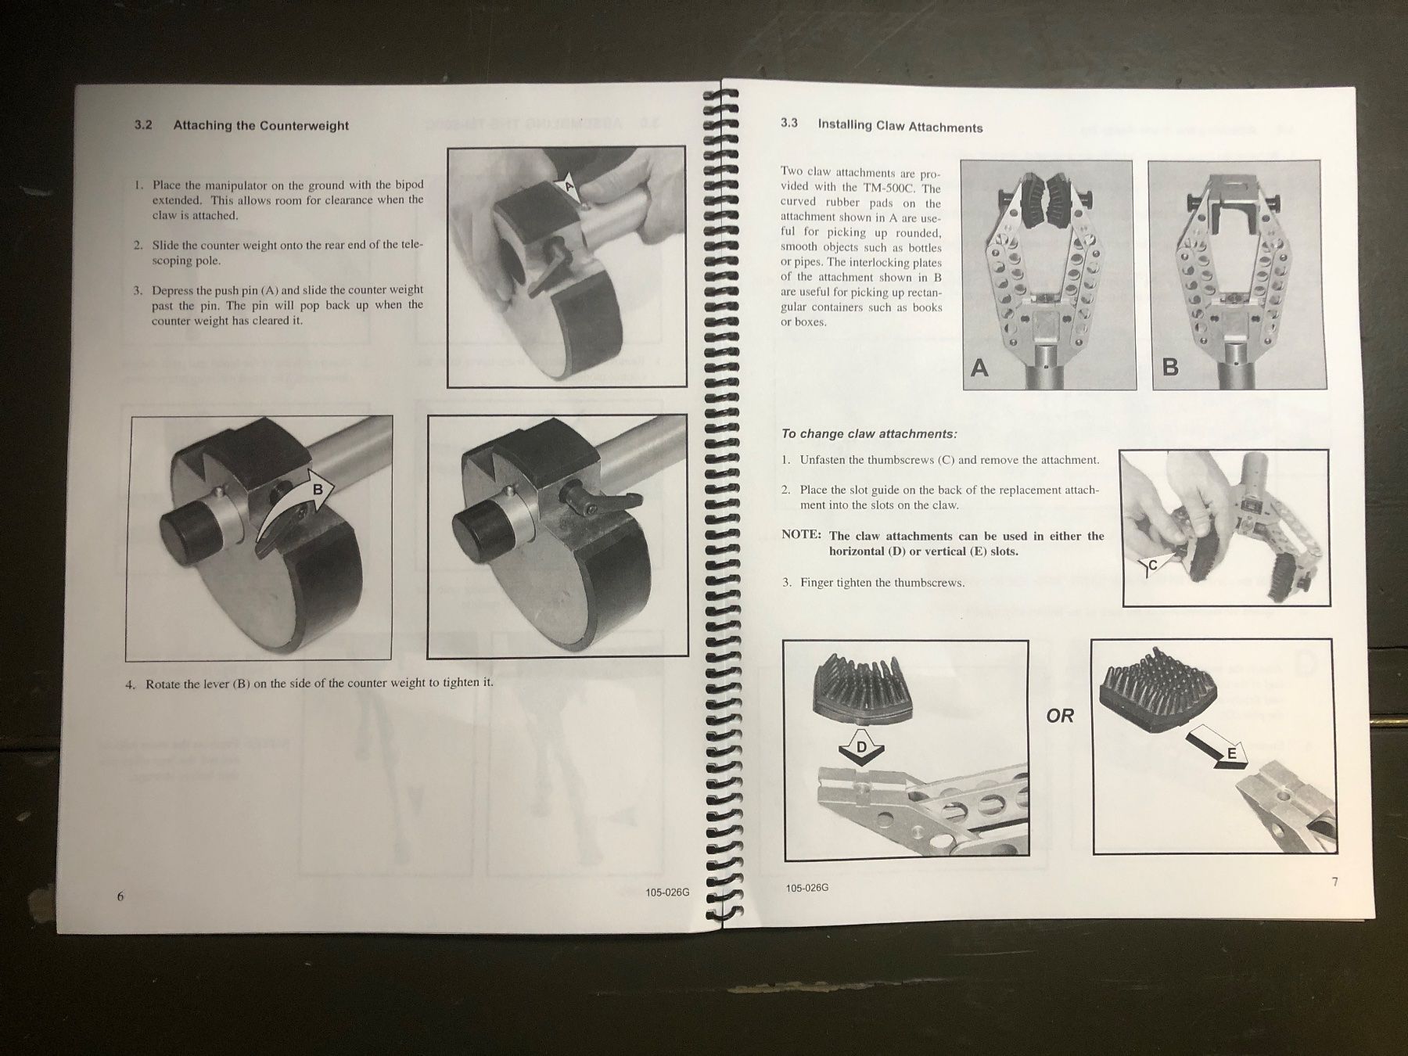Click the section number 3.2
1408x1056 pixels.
pos(143,125)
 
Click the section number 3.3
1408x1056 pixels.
pos(789,124)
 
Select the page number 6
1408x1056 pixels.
pos(120,896)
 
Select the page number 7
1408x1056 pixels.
pos(1334,882)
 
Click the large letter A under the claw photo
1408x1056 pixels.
pos(979,367)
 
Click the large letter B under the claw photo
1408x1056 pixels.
pos(1170,366)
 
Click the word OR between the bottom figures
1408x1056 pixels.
pos(1060,716)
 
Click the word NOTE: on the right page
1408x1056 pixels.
pos(801,536)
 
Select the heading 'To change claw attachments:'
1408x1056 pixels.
pos(869,434)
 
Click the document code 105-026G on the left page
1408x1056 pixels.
pos(667,894)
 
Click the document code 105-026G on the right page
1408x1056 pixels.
pos(806,889)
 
